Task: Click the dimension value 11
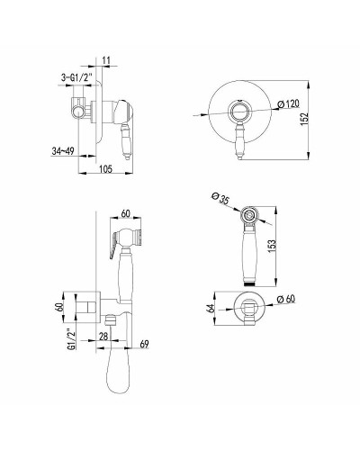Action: (106, 60)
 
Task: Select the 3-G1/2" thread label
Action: (74, 77)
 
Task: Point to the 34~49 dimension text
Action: (63, 151)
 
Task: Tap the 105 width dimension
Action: (105, 169)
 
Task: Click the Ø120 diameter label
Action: (289, 104)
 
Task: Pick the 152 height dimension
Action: (304, 120)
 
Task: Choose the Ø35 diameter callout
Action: (220, 199)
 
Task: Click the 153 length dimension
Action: (271, 247)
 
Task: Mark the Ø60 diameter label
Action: (286, 299)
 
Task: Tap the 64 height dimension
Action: (211, 309)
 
